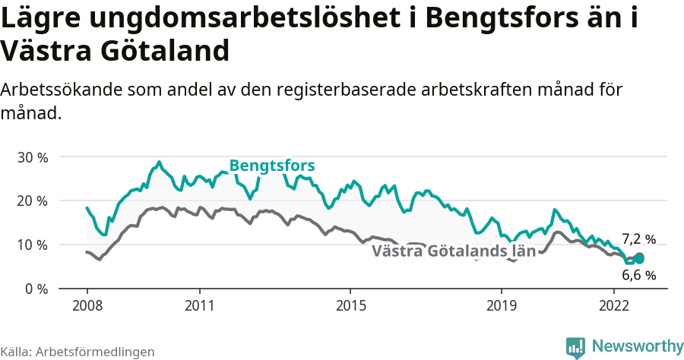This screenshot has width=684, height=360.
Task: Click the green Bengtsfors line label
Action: [x=272, y=166]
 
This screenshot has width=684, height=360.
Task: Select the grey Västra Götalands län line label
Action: [x=454, y=251]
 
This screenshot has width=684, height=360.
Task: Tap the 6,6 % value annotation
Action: [x=638, y=275]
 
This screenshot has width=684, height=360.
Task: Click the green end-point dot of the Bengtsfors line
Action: [x=639, y=259]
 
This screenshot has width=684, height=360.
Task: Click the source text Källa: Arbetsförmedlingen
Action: [x=78, y=352]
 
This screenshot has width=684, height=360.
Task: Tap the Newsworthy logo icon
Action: [x=575, y=347]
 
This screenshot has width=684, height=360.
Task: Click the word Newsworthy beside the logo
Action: [x=638, y=346]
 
